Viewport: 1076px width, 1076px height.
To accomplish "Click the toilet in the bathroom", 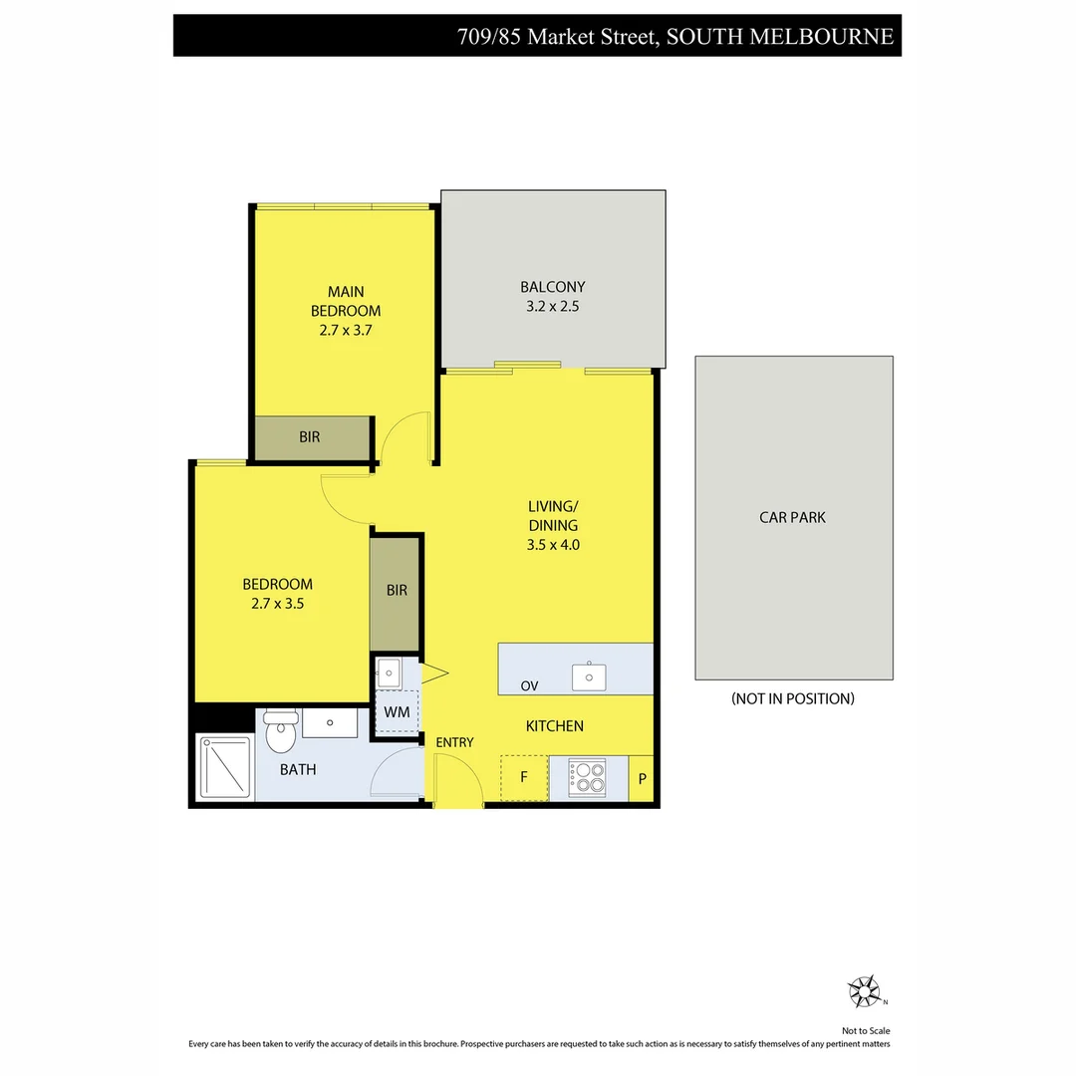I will (x=281, y=733).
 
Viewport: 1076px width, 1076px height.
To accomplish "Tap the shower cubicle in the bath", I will (x=226, y=767).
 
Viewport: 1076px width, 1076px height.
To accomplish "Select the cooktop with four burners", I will (x=586, y=777).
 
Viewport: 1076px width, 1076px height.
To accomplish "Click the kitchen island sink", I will (x=590, y=676).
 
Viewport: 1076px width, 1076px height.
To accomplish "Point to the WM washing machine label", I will (x=397, y=712).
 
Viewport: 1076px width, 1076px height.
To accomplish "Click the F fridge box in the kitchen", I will (x=524, y=778).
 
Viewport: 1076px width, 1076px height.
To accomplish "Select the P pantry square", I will (x=642, y=779).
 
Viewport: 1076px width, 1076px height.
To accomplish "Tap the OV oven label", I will (x=530, y=686).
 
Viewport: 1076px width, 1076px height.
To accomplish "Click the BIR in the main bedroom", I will (x=310, y=437).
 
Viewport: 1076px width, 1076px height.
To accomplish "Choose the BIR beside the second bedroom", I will (x=397, y=591).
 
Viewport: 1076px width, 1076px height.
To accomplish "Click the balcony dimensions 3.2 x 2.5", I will (x=552, y=307).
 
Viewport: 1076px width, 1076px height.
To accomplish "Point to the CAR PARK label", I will (x=793, y=518).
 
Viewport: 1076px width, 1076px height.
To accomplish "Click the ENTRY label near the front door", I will (x=454, y=742).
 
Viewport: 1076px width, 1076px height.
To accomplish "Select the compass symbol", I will (x=864, y=991).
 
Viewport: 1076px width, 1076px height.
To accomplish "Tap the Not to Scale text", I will (x=866, y=1031).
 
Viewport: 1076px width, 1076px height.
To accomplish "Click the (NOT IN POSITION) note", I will (x=793, y=699).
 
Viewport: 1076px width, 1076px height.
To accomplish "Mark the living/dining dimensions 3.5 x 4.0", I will (x=553, y=545).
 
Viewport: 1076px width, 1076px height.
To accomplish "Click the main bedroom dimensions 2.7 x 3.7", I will (x=346, y=330).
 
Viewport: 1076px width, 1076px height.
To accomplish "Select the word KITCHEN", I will (x=555, y=726).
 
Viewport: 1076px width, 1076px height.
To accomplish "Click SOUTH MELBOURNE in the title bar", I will (x=779, y=37).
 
